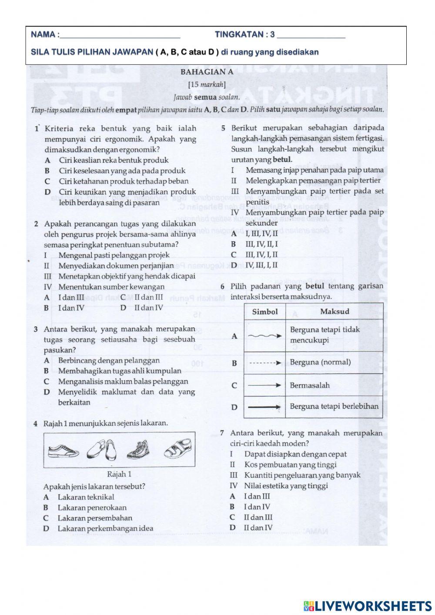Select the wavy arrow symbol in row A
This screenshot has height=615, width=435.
[264, 336]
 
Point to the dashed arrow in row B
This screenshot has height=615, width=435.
[264, 362]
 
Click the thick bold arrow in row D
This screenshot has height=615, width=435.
[264, 407]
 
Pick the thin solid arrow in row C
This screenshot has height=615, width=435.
[264, 385]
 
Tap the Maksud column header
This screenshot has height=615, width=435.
[334, 311]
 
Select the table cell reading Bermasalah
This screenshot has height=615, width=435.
[310, 385]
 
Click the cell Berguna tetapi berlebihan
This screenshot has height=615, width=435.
[334, 407]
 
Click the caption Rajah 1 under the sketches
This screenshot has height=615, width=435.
[119, 474]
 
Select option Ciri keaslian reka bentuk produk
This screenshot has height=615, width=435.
[113, 160]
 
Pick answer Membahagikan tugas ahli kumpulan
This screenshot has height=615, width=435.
[119, 371]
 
